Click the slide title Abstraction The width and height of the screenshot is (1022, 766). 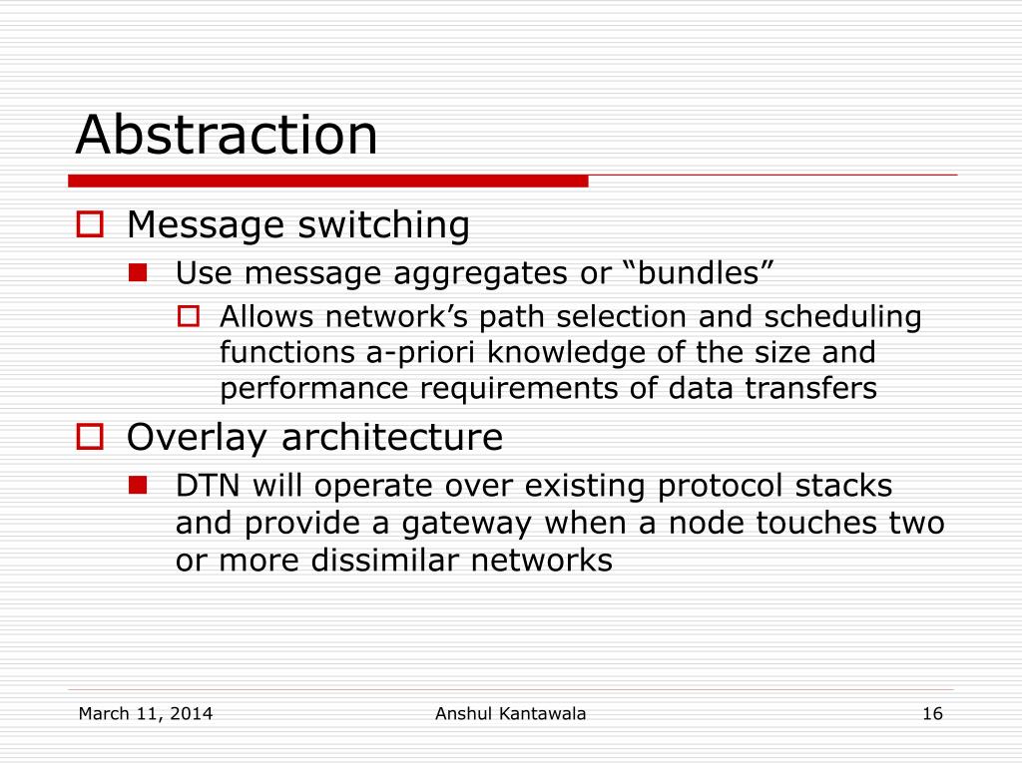227,135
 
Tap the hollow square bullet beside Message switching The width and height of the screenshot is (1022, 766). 90,224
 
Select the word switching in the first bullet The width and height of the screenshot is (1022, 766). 383,225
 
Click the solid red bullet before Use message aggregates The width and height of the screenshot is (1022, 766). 138,272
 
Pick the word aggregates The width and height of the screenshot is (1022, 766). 480,274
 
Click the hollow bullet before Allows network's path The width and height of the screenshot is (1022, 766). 189,316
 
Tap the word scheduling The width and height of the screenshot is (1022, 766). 842,318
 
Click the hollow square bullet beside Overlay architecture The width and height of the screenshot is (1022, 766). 90,437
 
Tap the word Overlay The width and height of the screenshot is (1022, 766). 197,438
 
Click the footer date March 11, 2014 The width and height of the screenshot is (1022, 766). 146,714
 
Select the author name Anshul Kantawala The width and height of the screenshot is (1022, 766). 510,714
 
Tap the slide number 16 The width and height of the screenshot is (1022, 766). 933,714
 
